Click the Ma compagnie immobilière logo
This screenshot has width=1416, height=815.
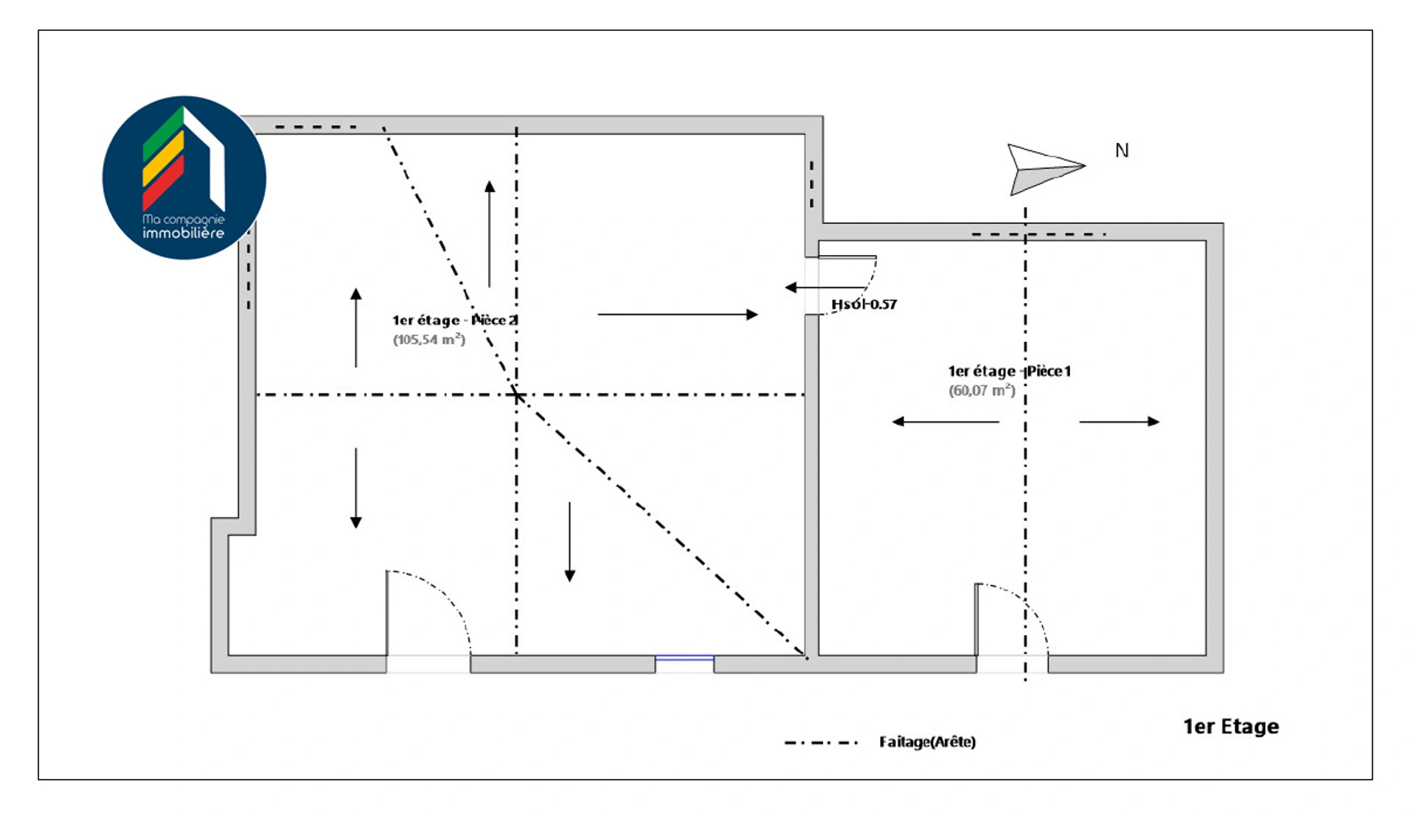(x=184, y=178)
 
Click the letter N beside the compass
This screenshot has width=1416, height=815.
(x=1122, y=151)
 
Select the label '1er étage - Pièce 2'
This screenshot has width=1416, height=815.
(x=454, y=320)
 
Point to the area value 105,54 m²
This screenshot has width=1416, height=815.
(x=428, y=340)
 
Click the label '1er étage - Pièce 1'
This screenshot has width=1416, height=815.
(x=1009, y=371)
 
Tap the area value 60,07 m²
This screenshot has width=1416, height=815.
(x=982, y=391)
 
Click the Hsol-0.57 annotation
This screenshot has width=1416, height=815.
(x=864, y=304)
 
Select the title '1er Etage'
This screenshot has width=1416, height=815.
(x=1231, y=727)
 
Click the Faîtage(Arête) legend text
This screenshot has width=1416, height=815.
(x=927, y=742)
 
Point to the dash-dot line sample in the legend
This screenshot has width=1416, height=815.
(x=821, y=743)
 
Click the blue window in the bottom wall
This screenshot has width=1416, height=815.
(x=684, y=658)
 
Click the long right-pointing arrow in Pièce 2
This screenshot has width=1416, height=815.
(x=677, y=315)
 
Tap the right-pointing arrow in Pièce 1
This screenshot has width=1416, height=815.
(x=1119, y=422)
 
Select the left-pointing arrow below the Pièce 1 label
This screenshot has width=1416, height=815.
(x=945, y=422)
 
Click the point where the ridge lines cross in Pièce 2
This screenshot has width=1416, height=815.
(x=517, y=395)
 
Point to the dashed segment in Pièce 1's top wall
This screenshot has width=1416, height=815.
(x=1038, y=234)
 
